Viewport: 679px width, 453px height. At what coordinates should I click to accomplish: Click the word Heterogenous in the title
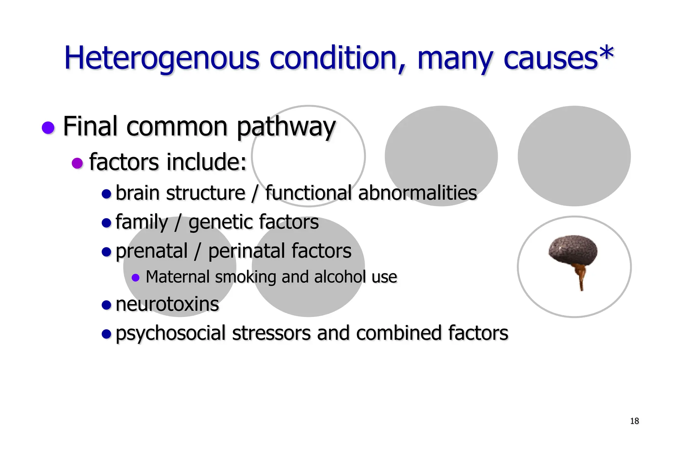(x=161, y=58)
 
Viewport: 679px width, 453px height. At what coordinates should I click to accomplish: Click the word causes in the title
(x=550, y=59)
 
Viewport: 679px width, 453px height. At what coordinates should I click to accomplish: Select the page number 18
(x=634, y=421)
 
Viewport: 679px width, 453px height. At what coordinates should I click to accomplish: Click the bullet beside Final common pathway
(x=48, y=127)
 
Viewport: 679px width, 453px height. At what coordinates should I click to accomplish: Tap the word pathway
(x=286, y=127)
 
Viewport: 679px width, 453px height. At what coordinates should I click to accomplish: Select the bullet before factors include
(x=77, y=163)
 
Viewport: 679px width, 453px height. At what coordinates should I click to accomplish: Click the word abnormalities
(x=417, y=193)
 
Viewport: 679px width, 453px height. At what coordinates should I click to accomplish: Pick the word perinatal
(x=247, y=251)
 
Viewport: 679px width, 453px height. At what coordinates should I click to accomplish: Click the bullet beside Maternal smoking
(x=135, y=277)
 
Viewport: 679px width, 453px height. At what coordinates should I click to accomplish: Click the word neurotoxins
(x=167, y=304)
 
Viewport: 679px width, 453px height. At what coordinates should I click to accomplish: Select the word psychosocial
(x=170, y=333)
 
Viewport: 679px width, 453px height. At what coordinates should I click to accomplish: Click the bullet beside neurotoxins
(x=106, y=304)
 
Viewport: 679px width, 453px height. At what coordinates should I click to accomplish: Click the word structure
(x=206, y=193)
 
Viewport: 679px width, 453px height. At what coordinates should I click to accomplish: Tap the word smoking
(x=245, y=277)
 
